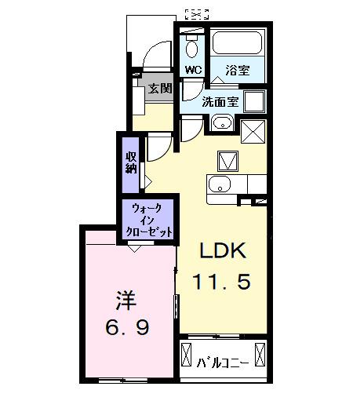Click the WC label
point(192,69)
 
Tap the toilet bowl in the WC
point(192,48)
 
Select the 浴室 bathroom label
point(238,69)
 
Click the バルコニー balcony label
point(223,363)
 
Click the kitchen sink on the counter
point(220,185)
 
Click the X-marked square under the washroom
point(252,132)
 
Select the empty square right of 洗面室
point(253,101)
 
